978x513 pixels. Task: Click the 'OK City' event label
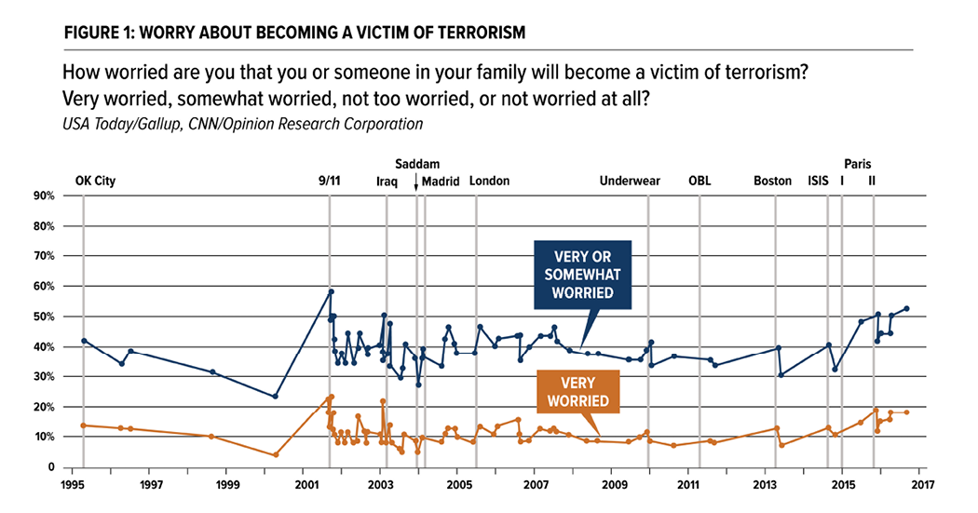tap(95, 182)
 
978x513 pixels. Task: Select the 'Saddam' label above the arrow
tap(417, 163)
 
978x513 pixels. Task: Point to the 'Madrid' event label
tap(441, 182)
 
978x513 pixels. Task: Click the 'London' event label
tap(490, 182)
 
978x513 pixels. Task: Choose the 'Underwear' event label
tap(630, 182)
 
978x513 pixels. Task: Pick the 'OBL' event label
tap(700, 182)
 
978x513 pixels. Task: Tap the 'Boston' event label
tap(772, 182)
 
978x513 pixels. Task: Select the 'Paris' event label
tap(858, 163)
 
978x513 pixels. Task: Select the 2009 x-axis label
tap(612, 485)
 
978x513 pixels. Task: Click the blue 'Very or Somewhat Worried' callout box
tap(582, 275)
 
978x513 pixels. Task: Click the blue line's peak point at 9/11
tap(331, 291)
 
